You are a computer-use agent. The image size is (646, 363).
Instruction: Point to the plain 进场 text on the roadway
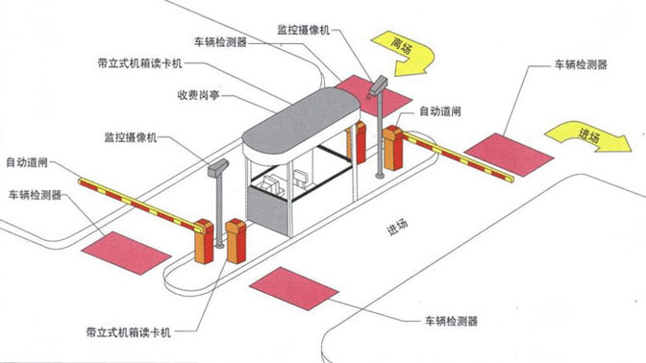397,226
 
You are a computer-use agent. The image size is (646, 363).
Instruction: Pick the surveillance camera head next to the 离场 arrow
380,85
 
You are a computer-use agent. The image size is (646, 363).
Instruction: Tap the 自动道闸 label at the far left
28,162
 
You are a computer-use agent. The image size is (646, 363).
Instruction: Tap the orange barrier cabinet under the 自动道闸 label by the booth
392,150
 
